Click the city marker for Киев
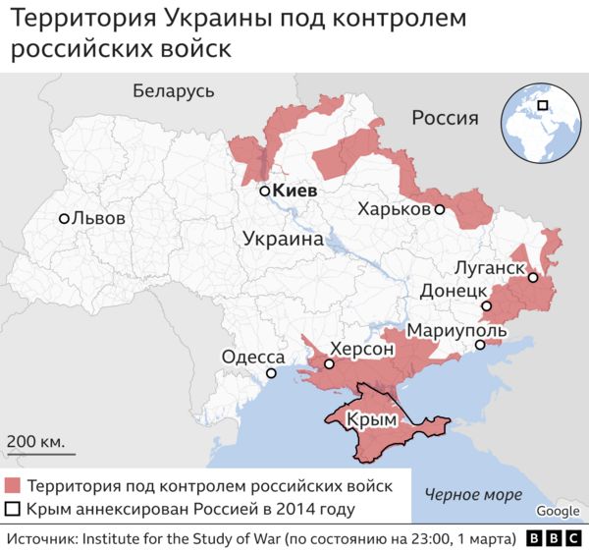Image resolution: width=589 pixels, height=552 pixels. click(x=264, y=192)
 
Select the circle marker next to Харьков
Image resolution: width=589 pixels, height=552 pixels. click(x=440, y=209)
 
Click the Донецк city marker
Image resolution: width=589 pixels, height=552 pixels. click(x=486, y=307)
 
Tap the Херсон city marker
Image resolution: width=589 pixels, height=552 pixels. click(x=329, y=364)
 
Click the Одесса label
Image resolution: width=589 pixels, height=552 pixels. click(x=252, y=359)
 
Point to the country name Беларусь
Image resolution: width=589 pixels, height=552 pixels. click(x=173, y=91)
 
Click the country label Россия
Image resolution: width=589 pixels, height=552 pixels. click(x=445, y=119)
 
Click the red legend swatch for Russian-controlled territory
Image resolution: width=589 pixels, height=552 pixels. click(x=13, y=485)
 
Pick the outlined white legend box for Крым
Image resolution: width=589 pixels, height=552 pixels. click(x=13, y=509)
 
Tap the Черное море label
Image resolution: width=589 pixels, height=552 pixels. click(x=473, y=494)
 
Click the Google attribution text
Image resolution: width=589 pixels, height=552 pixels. click(x=558, y=511)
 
